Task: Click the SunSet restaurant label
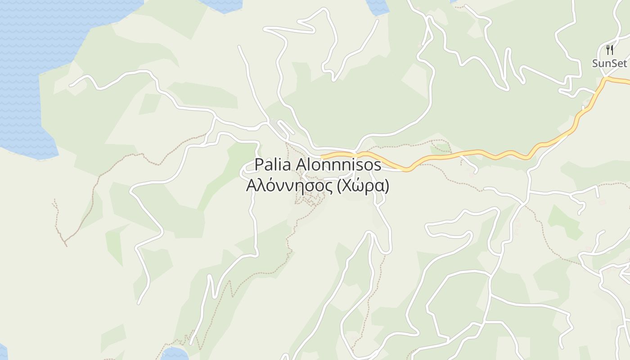[609, 63]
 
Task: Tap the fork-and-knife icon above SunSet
[610, 49]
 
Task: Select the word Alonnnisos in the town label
[338, 165]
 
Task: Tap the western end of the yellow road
[322, 157]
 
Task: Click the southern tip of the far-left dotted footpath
[66, 246]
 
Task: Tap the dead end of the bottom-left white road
[139, 303]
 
